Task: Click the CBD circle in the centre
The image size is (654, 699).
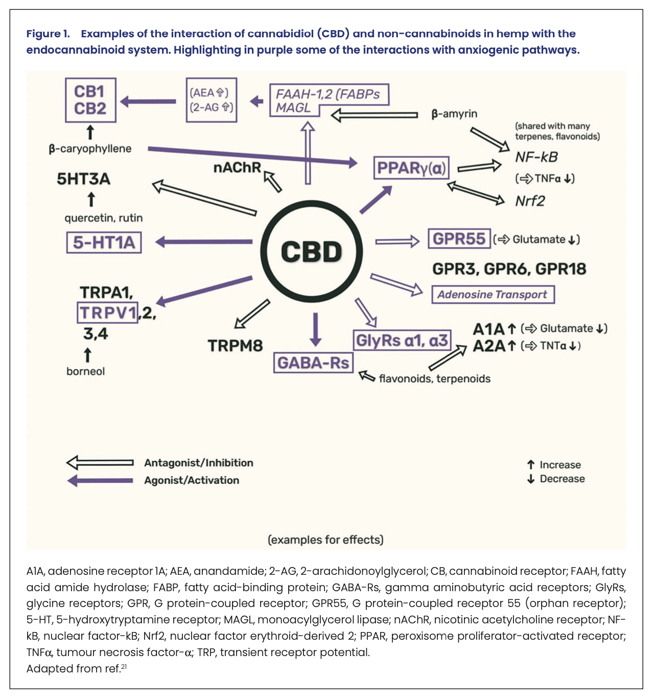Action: pos(311,252)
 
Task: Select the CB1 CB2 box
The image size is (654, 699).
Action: pos(90,100)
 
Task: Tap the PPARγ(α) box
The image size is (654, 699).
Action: pos(411,168)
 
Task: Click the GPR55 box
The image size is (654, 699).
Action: pos(459,239)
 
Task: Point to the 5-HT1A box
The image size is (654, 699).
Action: pos(104,242)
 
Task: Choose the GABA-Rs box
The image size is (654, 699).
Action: pos(313,363)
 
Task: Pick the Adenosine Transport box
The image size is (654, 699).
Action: pos(493,294)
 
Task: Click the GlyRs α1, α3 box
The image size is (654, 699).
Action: pos(402,340)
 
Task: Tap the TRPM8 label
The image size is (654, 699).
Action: pos(235,346)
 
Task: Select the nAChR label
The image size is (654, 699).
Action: pos(237,168)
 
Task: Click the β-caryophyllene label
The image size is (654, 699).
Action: pos(90,149)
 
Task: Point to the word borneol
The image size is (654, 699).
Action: pos(85,371)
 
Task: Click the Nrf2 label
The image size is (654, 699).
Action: pos(530,201)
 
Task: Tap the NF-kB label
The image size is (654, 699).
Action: pos(536,157)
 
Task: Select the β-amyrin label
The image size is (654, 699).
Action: pos(454,113)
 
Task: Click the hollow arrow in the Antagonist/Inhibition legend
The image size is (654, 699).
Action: pos(100,463)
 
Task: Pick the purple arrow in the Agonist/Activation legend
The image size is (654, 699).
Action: pos(100,480)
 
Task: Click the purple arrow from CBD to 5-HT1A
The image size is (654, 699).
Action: pos(204,242)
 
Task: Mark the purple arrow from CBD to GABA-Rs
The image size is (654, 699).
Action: pos(316,329)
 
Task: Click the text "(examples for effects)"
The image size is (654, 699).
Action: pos(325,540)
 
